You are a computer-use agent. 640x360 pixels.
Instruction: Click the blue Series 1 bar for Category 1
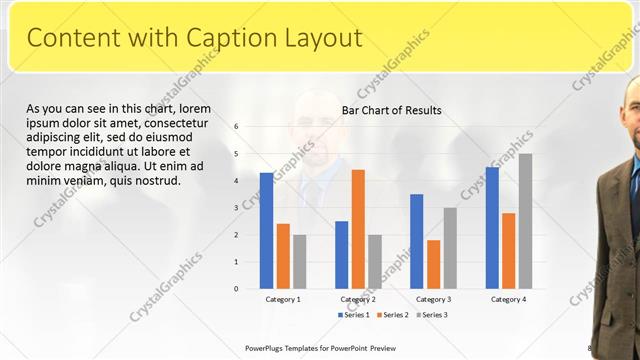coord(266,231)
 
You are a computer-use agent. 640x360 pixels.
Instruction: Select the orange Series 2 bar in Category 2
coord(358,229)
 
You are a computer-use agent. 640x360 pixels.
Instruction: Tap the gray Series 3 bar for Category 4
coord(525,221)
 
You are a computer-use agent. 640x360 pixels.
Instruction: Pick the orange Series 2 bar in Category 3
coord(433,264)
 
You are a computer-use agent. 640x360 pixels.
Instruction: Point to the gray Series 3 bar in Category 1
coord(299,262)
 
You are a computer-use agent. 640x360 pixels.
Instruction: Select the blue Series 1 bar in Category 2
coord(341,255)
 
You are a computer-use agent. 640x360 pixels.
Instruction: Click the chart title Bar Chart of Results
coord(392,110)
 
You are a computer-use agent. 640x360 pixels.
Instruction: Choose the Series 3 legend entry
coord(432,315)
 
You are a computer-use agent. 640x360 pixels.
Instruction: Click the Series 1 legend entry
coord(353,315)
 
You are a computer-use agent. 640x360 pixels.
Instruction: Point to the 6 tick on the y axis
coord(236,127)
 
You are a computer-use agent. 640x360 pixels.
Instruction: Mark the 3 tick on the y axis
coord(236,208)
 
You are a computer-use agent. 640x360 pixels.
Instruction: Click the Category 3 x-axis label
coord(433,299)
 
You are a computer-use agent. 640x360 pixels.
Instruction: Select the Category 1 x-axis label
coord(283,299)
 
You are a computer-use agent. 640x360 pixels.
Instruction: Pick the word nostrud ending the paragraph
coord(154,181)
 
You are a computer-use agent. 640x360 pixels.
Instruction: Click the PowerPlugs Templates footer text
coord(322,348)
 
